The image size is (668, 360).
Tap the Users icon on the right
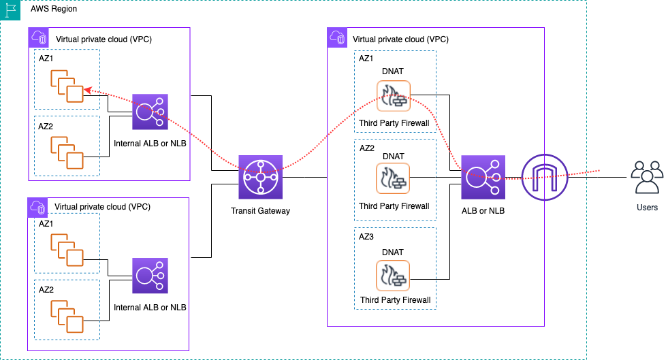[x=646, y=178]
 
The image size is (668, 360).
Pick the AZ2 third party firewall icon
[x=393, y=179]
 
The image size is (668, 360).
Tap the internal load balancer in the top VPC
[x=150, y=112]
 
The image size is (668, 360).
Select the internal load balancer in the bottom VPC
[x=150, y=276]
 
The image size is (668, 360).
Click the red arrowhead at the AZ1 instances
[x=87, y=90]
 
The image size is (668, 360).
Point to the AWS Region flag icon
[x=11, y=10]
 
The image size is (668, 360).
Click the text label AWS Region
[x=54, y=9]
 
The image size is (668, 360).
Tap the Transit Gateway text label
[x=260, y=211]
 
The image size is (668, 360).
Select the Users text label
[x=646, y=207]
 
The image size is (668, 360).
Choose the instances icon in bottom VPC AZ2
[x=66, y=313]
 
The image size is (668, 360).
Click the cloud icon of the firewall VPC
[x=337, y=37]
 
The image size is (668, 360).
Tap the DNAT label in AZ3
[x=393, y=252]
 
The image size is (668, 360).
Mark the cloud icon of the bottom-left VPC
[x=38, y=206]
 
